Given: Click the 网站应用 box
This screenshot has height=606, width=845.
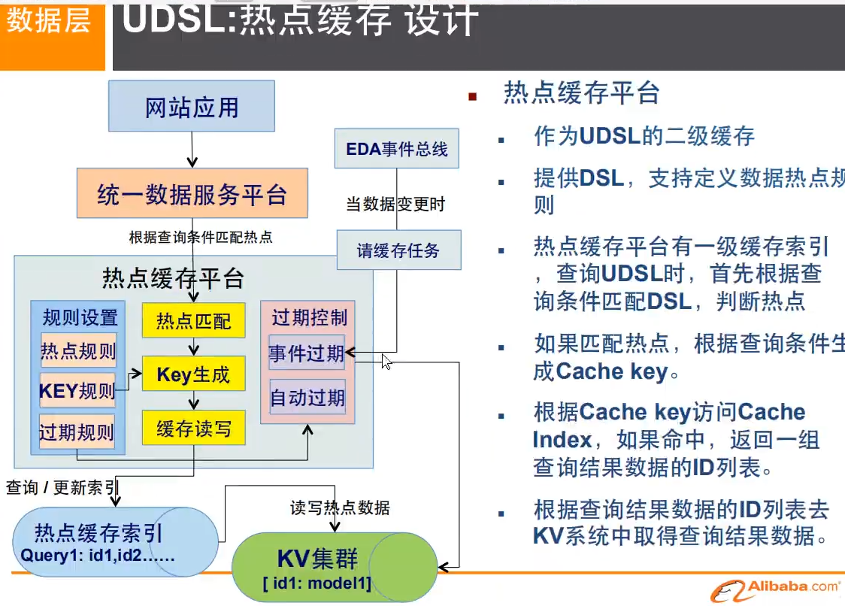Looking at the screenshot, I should click(x=192, y=107).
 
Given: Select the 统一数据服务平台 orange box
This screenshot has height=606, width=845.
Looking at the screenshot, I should click(x=192, y=194).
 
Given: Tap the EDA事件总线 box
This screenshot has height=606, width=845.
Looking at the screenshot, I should click(x=397, y=148).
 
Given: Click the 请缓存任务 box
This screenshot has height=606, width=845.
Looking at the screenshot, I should click(x=398, y=250).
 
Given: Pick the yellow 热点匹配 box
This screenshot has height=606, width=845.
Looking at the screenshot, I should click(x=193, y=321).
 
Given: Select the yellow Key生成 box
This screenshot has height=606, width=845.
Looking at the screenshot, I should click(x=193, y=374).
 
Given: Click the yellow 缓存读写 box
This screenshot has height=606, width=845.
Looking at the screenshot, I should click(x=193, y=429).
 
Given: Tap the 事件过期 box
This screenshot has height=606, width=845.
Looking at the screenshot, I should click(x=307, y=353).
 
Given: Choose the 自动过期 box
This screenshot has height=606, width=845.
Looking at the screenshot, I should click(x=307, y=396).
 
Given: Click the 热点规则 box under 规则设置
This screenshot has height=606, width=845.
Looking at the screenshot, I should click(x=78, y=351).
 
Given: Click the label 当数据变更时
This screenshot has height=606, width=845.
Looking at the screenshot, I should click(x=395, y=204).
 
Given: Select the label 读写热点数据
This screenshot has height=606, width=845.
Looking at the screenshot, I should click(x=340, y=508).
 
